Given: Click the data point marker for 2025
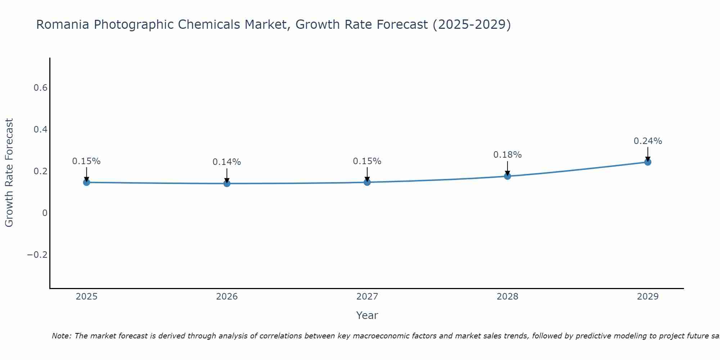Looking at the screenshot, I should click(86, 182).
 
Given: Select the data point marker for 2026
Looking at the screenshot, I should click(227, 184).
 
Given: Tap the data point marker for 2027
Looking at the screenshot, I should click(367, 182).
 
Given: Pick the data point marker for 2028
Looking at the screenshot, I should click(508, 176).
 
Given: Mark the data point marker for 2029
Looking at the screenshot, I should click(648, 162).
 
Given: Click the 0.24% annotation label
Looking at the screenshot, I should click(648, 141).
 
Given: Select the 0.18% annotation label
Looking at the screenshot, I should click(507, 155).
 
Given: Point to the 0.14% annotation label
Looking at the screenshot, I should click(226, 162).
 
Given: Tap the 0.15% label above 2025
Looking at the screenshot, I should click(86, 161).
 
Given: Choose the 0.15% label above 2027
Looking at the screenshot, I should click(367, 161).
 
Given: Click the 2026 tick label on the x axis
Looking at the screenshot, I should click(227, 297).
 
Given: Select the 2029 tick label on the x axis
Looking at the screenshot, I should click(648, 297).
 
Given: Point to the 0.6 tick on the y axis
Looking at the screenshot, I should click(41, 88).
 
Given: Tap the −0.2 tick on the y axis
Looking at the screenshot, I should click(37, 255).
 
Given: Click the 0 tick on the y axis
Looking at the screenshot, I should click(45, 213).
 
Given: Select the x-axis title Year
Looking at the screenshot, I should click(367, 315).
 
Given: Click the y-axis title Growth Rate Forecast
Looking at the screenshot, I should click(9, 172).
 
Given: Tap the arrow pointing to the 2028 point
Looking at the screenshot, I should click(508, 168).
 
